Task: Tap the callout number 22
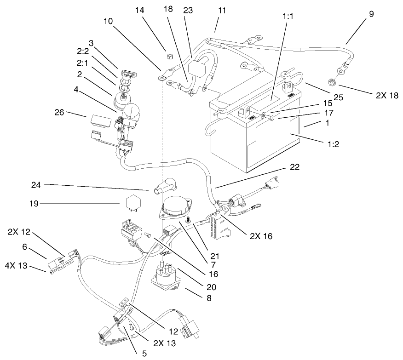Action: pyautogui.click(x=294, y=167)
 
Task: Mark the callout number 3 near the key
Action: pyautogui.click(x=91, y=43)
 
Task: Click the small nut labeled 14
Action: pyautogui.click(x=168, y=57)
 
